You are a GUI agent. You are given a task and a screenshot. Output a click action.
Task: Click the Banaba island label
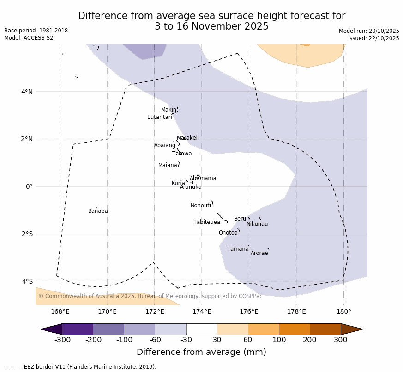click(98, 211)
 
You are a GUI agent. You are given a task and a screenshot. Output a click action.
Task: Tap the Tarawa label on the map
click(182, 154)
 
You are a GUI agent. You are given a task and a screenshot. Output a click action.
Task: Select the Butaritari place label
click(160, 117)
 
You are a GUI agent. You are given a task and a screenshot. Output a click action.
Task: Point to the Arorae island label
click(259, 253)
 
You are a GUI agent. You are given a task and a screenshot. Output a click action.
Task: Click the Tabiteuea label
click(207, 222)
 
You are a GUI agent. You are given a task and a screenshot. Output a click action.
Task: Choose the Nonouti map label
click(201, 205)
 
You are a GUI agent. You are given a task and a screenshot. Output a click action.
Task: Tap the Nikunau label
click(257, 224)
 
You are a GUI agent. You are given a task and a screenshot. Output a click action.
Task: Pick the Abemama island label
click(203, 178)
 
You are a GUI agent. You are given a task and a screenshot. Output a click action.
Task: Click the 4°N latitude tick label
click(27, 92)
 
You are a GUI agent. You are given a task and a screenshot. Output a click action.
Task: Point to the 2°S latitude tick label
click(27, 234)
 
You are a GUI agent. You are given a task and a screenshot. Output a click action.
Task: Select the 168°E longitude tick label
click(60, 311)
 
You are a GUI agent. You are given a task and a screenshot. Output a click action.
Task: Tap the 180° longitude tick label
click(343, 311)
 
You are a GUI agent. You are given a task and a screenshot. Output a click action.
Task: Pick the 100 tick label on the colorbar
click(279, 340)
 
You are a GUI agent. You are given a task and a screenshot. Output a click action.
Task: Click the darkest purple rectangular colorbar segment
click(78, 329)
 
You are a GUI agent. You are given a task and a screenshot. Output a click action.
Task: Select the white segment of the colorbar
click(202, 329)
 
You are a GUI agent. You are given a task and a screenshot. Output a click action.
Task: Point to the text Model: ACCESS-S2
click(29, 38)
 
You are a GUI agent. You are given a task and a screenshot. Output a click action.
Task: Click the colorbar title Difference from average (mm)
click(201, 352)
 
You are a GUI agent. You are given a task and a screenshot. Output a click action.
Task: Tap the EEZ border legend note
click(80, 367)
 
